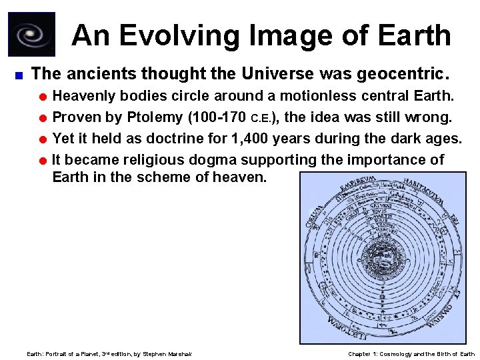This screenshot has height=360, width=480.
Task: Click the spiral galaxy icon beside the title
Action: (x=31, y=34)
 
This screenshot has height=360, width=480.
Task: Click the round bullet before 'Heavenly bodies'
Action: (x=43, y=97)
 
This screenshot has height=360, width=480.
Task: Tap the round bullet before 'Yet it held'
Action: (x=43, y=139)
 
